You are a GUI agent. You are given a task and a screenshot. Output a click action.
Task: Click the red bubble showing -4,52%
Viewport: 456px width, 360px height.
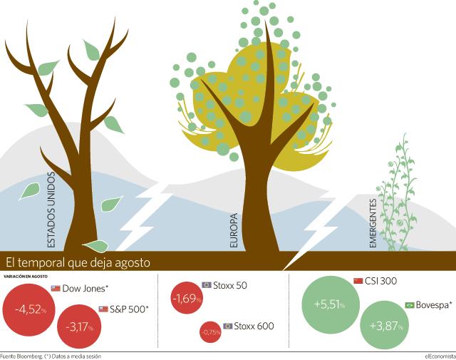tap(28, 310)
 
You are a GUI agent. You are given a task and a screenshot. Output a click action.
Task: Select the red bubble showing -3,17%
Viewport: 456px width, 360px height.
tap(79, 326)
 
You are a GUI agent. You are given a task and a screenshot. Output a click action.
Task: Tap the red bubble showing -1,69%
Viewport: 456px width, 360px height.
tap(187, 298)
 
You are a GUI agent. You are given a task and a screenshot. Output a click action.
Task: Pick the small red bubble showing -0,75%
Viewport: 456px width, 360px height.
tap(211, 331)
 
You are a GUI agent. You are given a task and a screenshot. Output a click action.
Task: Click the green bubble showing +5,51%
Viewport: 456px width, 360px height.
tap(331, 304)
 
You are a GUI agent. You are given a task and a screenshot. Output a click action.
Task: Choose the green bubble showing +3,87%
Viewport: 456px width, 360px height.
tap(385, 325)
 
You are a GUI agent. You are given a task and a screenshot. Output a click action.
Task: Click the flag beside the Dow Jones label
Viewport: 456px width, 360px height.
tap(56, 289)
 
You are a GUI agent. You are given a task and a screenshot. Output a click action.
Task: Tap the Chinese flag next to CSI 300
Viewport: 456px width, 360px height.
tap(358, 281)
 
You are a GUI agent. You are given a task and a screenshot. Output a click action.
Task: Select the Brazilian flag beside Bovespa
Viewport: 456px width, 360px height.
tap(410, 305)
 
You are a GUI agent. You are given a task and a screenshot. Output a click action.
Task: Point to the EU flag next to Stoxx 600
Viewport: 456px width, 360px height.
tap(228, 326)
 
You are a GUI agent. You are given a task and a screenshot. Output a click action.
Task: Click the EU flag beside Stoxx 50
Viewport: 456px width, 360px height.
tap(207, 285)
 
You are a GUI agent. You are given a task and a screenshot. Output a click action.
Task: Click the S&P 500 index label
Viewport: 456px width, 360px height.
tap(129, 309)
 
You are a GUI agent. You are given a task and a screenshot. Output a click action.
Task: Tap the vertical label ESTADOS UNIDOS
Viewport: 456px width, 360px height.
tap(51, 210)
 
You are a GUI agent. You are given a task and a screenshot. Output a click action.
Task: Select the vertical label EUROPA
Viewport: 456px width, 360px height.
tap(234, 230)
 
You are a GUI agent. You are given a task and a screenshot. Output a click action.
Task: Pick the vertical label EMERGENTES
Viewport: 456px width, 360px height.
tap(373, 223)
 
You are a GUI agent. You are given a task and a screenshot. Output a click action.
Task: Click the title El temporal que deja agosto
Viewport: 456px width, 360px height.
tap(78, 262)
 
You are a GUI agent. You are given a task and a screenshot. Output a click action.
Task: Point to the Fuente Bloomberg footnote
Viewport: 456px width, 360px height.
tap(51, 356)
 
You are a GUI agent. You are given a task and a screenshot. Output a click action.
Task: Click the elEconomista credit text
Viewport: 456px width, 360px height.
tap(440, 356)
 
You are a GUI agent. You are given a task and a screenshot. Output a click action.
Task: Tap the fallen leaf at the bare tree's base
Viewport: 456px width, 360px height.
tap(95, 246)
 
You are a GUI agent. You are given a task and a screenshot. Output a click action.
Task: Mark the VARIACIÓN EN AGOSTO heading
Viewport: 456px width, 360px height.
tap(26, 277)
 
